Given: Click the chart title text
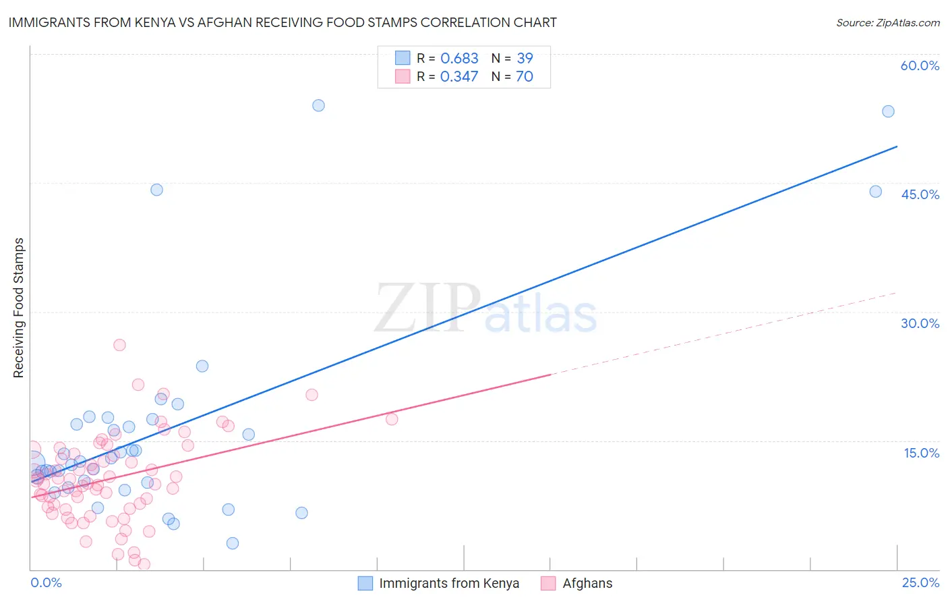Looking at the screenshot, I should point(283,22).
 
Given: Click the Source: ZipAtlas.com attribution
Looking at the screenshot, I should point(887,23).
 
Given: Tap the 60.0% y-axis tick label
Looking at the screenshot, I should point(920,65).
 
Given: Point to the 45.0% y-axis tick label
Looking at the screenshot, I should point(920,194).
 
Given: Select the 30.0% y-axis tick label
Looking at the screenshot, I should point(920,323).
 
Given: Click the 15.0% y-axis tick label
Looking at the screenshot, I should point(921,453).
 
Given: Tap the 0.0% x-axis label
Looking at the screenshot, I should point(46,582).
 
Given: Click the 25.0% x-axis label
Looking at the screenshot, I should point(920,582).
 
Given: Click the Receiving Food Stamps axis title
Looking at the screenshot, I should point(18,308).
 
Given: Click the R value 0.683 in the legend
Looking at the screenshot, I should point(459,59).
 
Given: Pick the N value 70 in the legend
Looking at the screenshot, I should point(524,77).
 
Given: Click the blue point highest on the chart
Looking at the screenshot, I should point(318,105).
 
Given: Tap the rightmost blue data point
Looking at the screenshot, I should point(888,111).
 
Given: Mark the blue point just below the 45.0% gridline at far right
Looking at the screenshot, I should point(875,192).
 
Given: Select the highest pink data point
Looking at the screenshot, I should point(119,345).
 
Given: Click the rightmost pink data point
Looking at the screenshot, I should point(392,419).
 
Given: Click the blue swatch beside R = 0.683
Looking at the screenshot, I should point(403,58).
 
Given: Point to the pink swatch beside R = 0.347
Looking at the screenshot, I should point(403,76).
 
